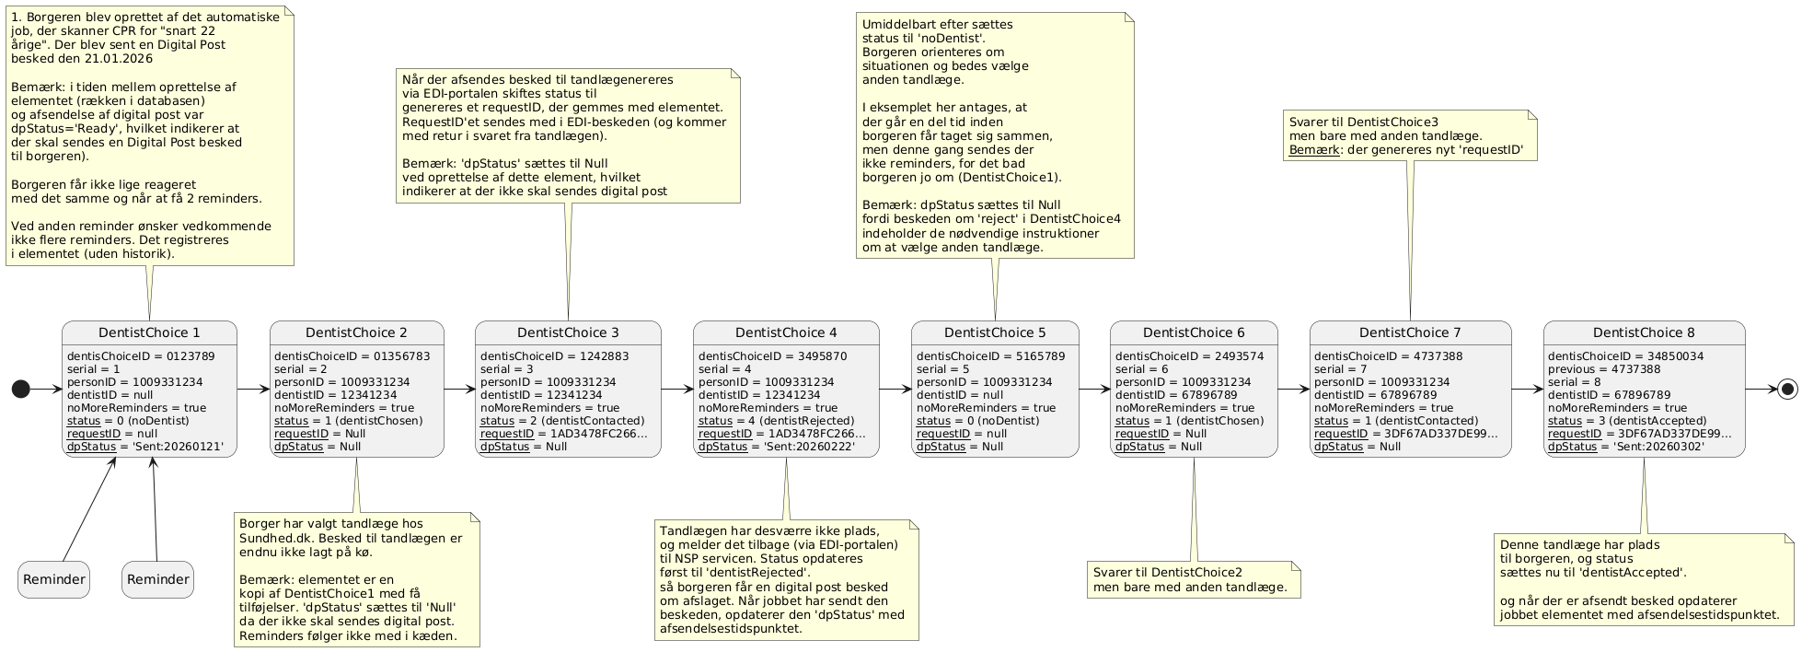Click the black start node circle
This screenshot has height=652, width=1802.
click(x=19, y=390)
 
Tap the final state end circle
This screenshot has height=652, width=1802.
click(x=1785, y=390)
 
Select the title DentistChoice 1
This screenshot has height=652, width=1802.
click(x=149, y=332)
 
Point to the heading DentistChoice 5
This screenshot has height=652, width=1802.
click(x=995, y=332)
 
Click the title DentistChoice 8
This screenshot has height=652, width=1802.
click(x=1644, y=332)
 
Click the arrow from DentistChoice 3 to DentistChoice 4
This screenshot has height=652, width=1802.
click(x=677, y=389)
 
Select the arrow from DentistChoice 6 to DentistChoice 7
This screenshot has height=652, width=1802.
click(x=1293, y=389)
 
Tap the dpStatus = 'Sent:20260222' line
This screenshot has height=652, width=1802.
click(x=777, y=447)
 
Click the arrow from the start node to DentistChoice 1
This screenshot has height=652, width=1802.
click(x=45, y=390)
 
